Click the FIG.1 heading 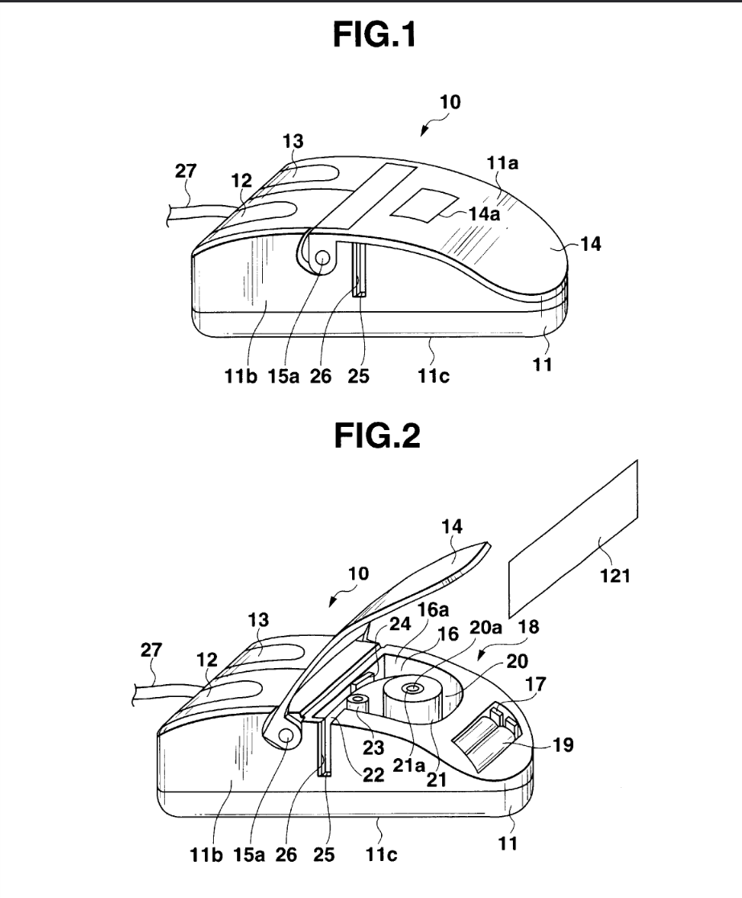pos(375,35)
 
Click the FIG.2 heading pos(377,436)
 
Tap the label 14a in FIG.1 pos(484,214)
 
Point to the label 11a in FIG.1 pos(502,163)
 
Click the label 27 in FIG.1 pos(186,170)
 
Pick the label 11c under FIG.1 pos(432,376)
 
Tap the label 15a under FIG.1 pos(284,376)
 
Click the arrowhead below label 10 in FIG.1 pos(424,132)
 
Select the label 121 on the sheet pos(615,575)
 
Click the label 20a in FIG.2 pos(486,628)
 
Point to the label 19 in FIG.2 pos(563,744)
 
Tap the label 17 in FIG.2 pos(535,684)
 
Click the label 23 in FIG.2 pos(373,748)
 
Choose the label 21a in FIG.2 pos(408,765)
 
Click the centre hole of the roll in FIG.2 pos(412,688)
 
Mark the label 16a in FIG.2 pos(432,610)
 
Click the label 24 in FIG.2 pos(400,624)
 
